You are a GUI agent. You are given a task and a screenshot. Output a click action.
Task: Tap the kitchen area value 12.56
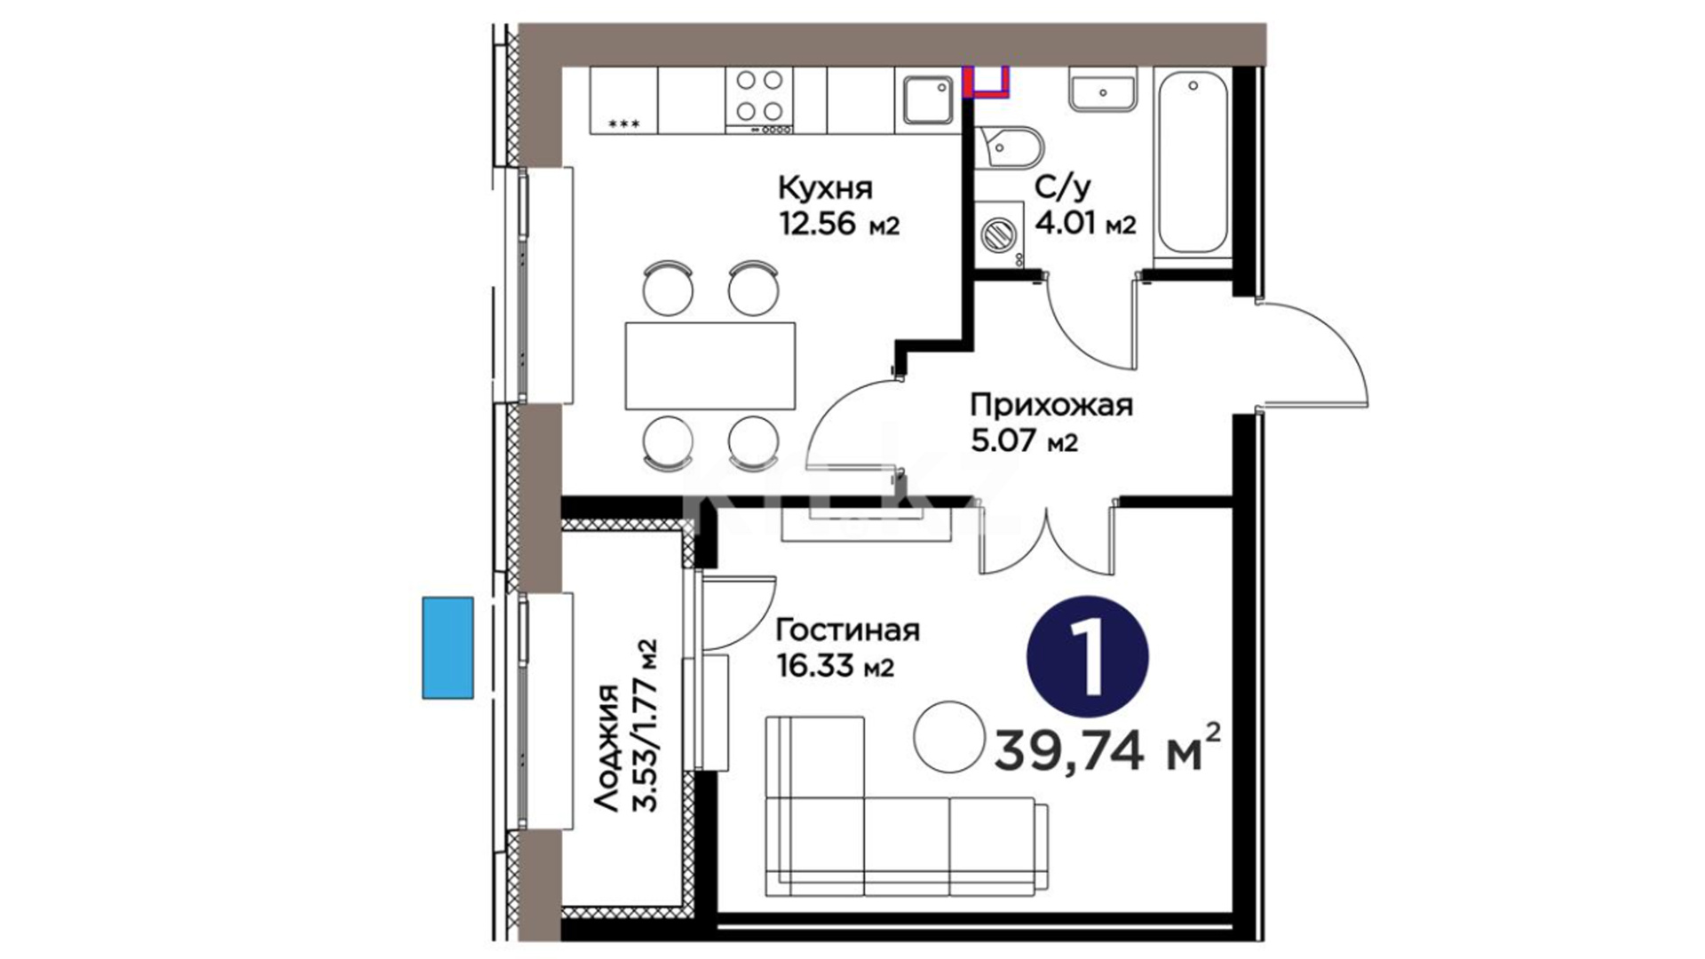pyautogui.click(x=818, y=225)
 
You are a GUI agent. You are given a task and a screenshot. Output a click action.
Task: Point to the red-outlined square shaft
pyautogui.click(x=987, y=81)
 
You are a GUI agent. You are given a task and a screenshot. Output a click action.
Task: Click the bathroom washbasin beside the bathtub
pyautogui.click(x=1103, y=91)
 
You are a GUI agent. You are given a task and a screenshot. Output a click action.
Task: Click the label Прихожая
pyautogui.click(x=1051, y=406)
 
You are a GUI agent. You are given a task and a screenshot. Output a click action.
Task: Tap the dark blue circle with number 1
pyautogui.click(x=1088, y=657)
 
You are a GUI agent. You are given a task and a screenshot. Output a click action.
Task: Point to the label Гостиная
pyautogui.click(x=848, y=631)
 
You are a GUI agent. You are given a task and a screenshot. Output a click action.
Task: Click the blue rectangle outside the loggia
pyautogui.click(x=448, y=647)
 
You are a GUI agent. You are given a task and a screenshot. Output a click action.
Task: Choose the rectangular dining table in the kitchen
pyautogui.click(x=710, y=366)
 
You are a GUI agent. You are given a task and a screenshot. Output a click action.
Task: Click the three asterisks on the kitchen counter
pyautogui.click(x=623, y=125)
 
